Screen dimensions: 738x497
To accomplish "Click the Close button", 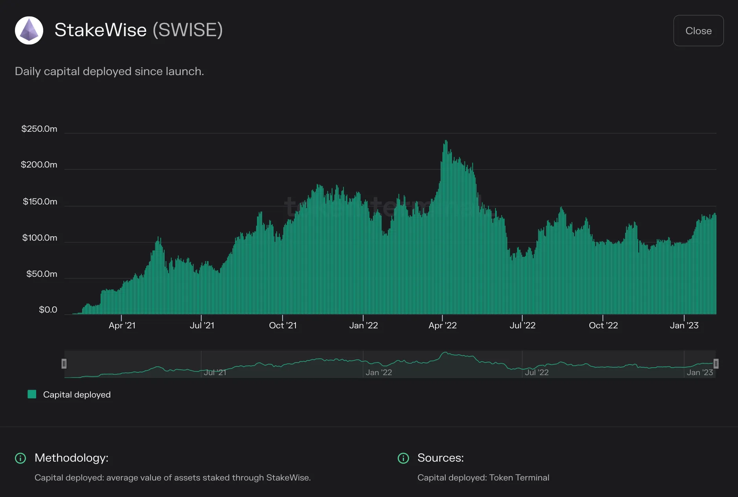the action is pyautogui.click(x=698, y=31).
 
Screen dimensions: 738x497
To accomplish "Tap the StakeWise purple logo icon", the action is pyautogui.click(x=29, y=30).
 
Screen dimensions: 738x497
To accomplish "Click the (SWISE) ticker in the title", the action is pyautogui.click(x=188, y=30).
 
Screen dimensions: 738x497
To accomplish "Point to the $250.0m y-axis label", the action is pyautogui.click(x=39, y=129).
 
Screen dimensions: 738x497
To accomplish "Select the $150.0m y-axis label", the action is pyautogui.click(x=40, y=202).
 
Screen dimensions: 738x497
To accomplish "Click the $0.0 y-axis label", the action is pyautogui.click(x=48, y=310).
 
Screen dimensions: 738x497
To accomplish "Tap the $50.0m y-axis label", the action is pyautogui.click(x=42, y=274).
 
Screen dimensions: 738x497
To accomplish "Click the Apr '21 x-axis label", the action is pyautogui.click(x=122, y=326).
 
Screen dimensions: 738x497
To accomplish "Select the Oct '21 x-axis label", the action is pyautogui.click(x=283, y=326).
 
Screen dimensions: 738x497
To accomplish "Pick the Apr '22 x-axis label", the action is pyautogui.click(x=442, y=326).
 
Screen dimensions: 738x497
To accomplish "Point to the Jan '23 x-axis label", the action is pyautogui.click(x=684, y=326).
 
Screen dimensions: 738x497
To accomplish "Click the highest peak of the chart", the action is pyautogui.click(x=446, y=141).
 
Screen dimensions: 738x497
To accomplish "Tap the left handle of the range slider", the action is pyautogui.click(x=64, y=364).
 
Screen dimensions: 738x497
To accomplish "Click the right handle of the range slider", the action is pyautogui.click(x=716, y=364).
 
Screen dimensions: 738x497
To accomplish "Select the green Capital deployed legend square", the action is pyautogui.click(x=32, y=394).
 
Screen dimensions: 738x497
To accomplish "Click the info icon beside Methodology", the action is pyautogui.click(x=20, y=458).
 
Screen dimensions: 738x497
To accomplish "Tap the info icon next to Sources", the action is pyautogui.click(x=403, y=458).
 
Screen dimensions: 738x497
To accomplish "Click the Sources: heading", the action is pyautogui.click(x=441, y=458).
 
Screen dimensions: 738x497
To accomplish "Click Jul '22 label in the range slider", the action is pyautogui.click(x=537, y=372).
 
